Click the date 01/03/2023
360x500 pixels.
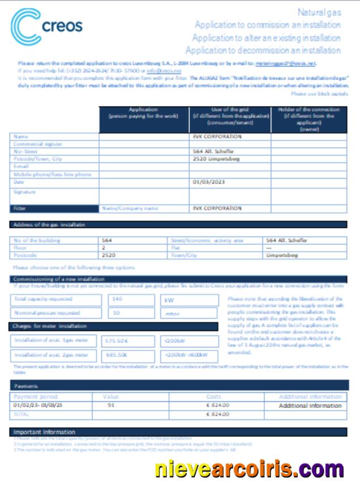(206, 182)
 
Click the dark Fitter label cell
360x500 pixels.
(54, 208)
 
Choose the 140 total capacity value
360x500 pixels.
(118, 298)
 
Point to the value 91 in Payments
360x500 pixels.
(111, 405)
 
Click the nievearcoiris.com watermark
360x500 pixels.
(249, 470)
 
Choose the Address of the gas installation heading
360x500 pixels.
(49, 225)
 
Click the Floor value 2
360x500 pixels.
(104, 248)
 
